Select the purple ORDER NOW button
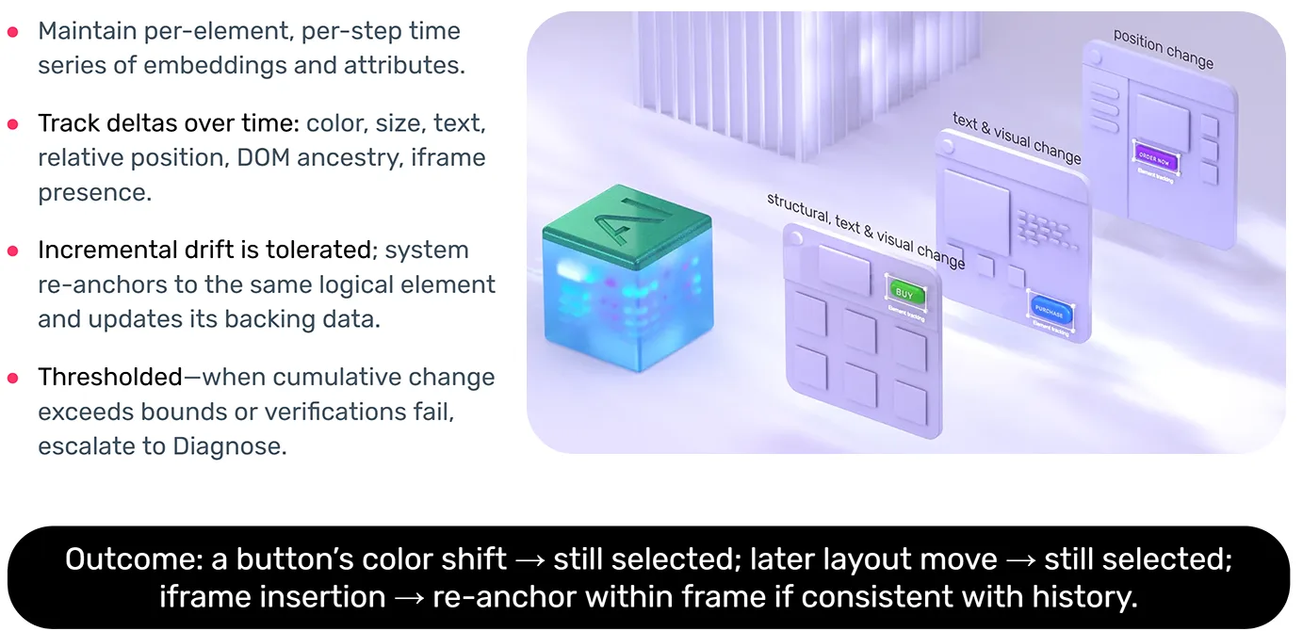tap(1153, 158)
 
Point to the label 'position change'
tap(1164, 48)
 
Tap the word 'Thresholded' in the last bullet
tap(109, 377)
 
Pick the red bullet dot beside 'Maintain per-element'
tap(13, 31)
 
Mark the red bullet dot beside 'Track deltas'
tap(13, 123)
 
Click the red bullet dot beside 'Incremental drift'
tap(13, 251)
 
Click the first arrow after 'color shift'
tap(529, 559)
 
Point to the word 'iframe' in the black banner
tap(208, 596)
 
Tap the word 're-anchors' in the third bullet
tap(100, 284)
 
